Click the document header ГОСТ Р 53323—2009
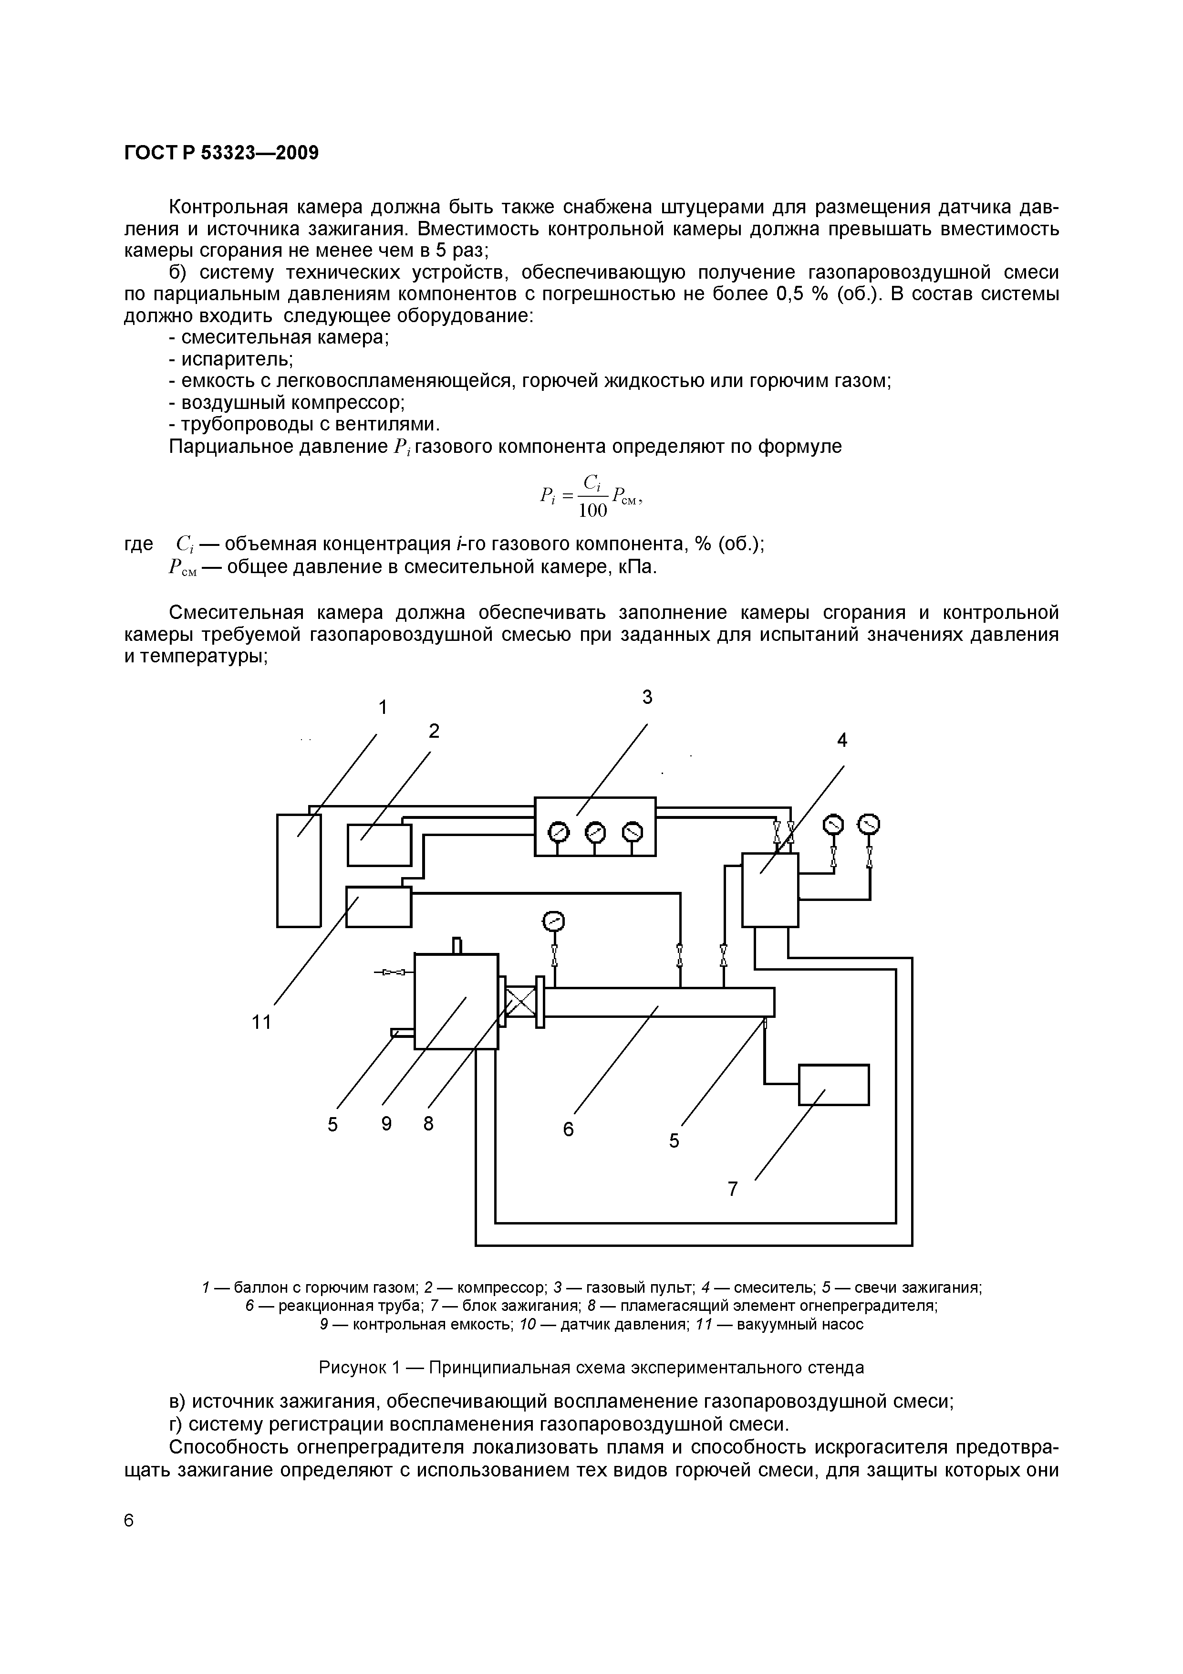(222, 153)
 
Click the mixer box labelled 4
(770, 889)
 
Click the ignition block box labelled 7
(834, 1085)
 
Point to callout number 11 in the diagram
(261, 1023)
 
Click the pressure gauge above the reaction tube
(555, 921)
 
